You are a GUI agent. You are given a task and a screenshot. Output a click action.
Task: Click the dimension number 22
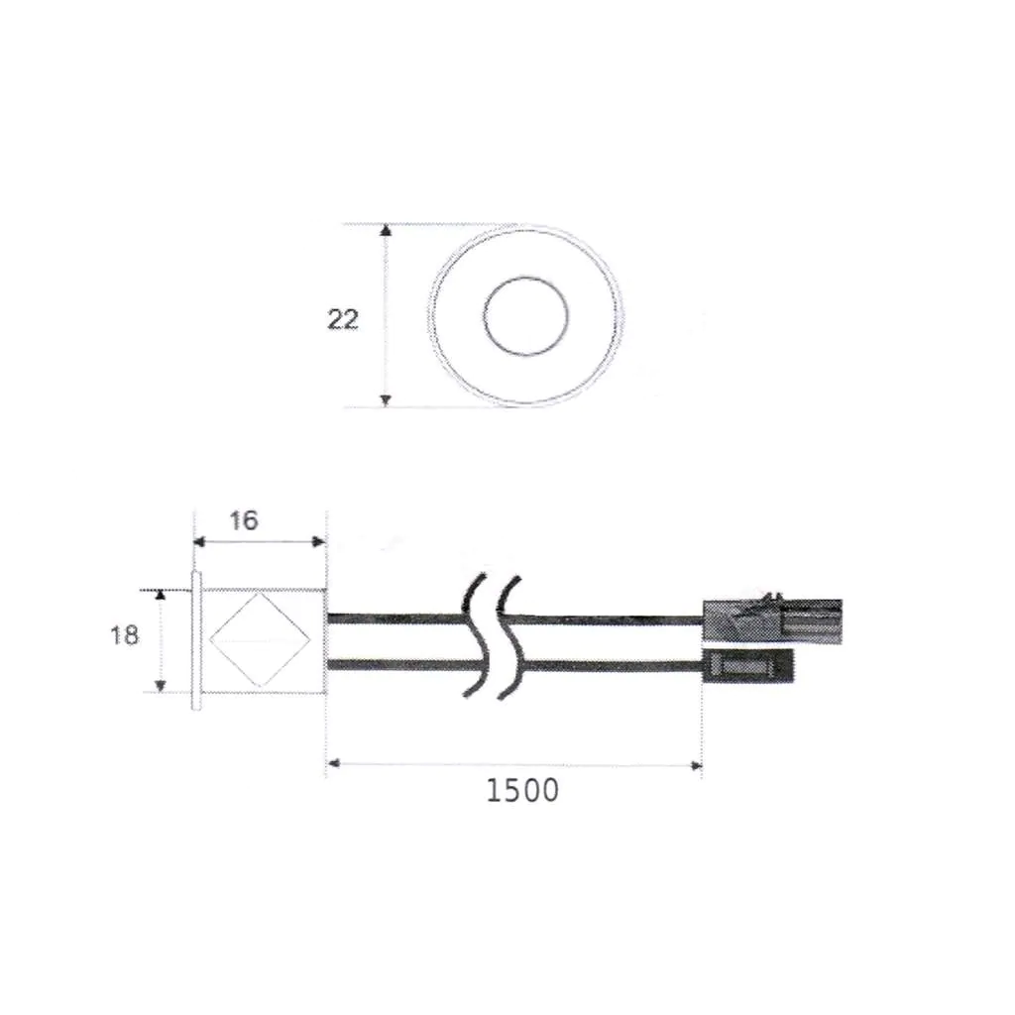tap(343, 319)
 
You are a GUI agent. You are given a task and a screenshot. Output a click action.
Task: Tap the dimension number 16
tap(244, 520)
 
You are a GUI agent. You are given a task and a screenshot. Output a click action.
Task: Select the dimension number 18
tap(124, 635)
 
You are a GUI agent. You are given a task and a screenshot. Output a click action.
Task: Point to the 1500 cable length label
tap(522, 790)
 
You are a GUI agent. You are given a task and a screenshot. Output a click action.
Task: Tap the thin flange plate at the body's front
tap(197, 641)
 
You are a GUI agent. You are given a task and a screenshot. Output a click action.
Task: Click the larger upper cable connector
tap(772, 620)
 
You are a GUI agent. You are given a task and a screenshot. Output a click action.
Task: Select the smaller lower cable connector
tap(747, 666)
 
